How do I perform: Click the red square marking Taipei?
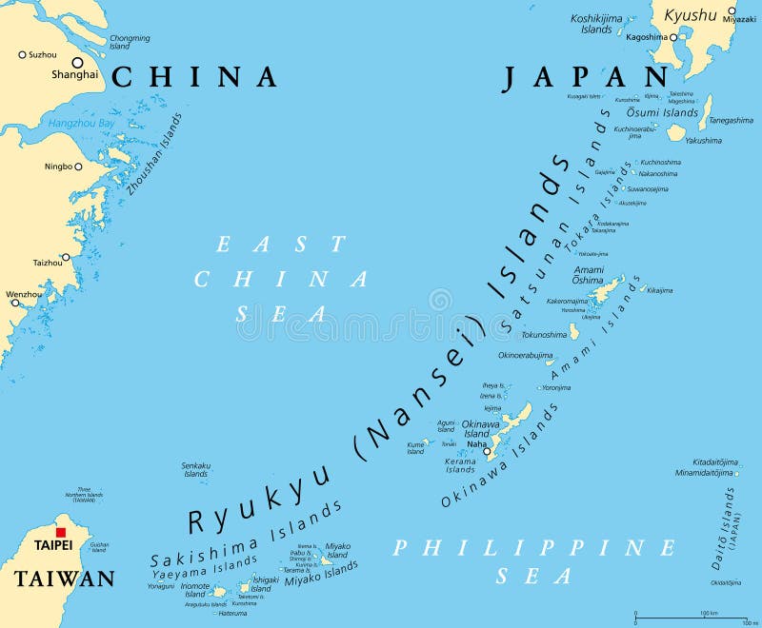[x=61, y=534]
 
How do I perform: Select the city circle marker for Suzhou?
[x=22, y=54]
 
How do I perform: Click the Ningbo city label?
[x=58, y=167]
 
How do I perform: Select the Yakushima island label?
[x=703, y=140]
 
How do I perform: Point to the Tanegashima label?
[x=730, y=120]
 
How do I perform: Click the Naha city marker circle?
[x=487, y=452]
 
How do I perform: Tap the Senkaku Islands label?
[x=195, y=469]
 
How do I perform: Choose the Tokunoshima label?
[x=544, y=335]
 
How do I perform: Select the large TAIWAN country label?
[x=65, y=578]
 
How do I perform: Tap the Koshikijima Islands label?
[x=596, y=24]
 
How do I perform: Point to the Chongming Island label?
[x=130, y=42]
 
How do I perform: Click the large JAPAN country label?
[x=587, y=79]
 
